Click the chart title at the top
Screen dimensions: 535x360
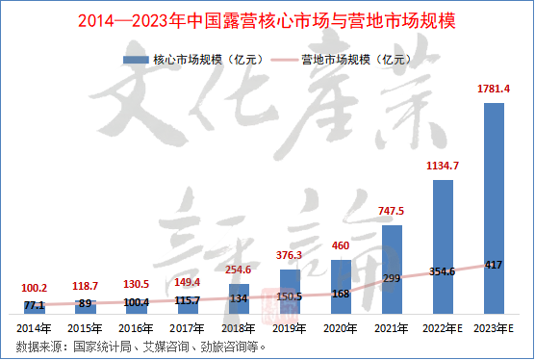[267, 21]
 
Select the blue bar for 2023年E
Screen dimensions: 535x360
[494, 208]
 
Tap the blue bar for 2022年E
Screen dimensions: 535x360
[443, 246]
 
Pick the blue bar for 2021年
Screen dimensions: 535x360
[392, 270]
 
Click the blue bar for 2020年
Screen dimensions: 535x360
[341, 287]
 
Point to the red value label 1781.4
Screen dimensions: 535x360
[494, 89]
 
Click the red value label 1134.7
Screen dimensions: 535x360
[443, 166]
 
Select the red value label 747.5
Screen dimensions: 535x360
[391, 211]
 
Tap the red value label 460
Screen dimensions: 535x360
[341, 245]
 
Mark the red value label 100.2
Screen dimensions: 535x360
[34, 288]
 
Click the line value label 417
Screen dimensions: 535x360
[494, 265]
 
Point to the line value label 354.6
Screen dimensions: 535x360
[443, 271]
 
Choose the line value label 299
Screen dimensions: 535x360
[392, 278]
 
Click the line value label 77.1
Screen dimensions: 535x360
[34, 305]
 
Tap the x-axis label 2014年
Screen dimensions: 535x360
[34, 328]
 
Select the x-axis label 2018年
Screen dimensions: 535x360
[239, 328]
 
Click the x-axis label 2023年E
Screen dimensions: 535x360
[494, 328]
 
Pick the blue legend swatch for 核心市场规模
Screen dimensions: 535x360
[136, 60]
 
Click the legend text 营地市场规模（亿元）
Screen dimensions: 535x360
[357, 60]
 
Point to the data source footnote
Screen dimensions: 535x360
[140, 347]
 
